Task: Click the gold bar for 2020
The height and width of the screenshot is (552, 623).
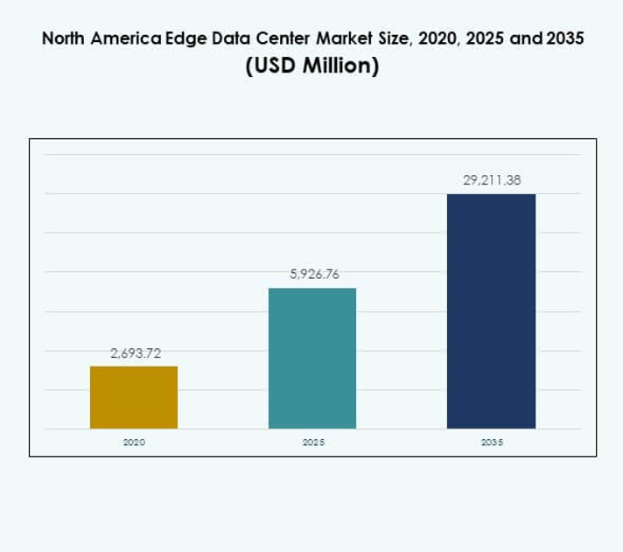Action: tap(134, 397)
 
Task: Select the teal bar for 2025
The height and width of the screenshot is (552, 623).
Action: tap(312, 358)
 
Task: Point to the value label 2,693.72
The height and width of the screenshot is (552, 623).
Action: tap(136, 353)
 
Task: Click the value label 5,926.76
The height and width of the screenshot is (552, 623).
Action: tap(314, 274)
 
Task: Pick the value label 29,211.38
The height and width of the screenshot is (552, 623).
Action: tap(492, 181)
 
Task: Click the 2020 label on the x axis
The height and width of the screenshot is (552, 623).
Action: tap(134, 443)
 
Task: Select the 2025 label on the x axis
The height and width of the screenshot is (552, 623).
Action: tap(313, 443)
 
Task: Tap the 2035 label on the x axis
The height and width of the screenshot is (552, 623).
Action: tap(492, 443)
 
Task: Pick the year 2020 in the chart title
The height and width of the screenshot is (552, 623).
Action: tap(419, 40)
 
